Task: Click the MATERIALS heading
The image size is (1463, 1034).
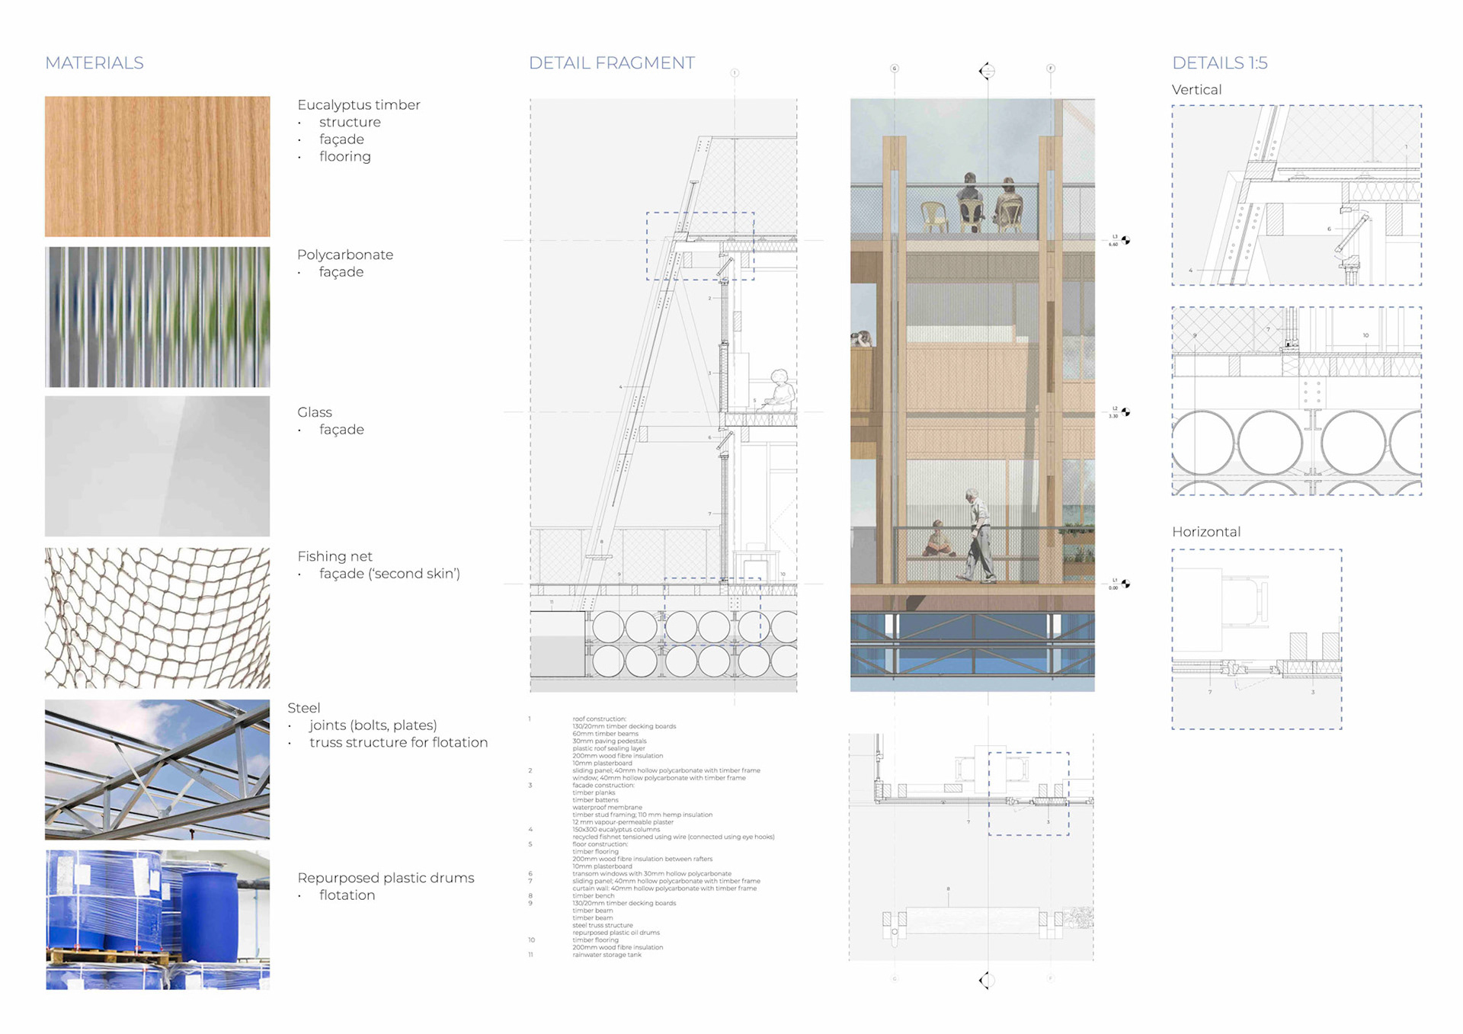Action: pos(94,63)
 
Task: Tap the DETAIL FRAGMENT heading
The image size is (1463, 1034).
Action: pos(611,63)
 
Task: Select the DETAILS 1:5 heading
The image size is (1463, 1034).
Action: pos(1219,63)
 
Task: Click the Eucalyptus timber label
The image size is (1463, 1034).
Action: pos(358,105)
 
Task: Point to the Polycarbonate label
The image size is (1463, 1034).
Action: pos(344,255)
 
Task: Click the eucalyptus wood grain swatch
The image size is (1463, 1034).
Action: pos(157,166)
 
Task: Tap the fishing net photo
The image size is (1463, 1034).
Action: pos(157,618)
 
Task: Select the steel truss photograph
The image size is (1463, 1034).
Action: pos(157,770)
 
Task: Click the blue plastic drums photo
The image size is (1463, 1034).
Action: pos(157,920)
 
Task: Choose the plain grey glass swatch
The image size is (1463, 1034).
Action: pos(157,466)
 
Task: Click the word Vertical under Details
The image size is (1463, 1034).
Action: pos(1196,90)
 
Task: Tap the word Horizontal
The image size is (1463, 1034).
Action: pos(1205,532)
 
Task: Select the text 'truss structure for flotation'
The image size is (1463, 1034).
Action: pos(398,743)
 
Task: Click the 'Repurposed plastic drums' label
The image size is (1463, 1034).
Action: pos(386,878)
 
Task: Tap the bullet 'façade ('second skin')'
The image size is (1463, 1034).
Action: pos(389,574)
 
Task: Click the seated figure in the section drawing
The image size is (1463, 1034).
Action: pos(779,392)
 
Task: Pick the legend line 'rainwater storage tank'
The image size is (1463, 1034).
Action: pos(607,955)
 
